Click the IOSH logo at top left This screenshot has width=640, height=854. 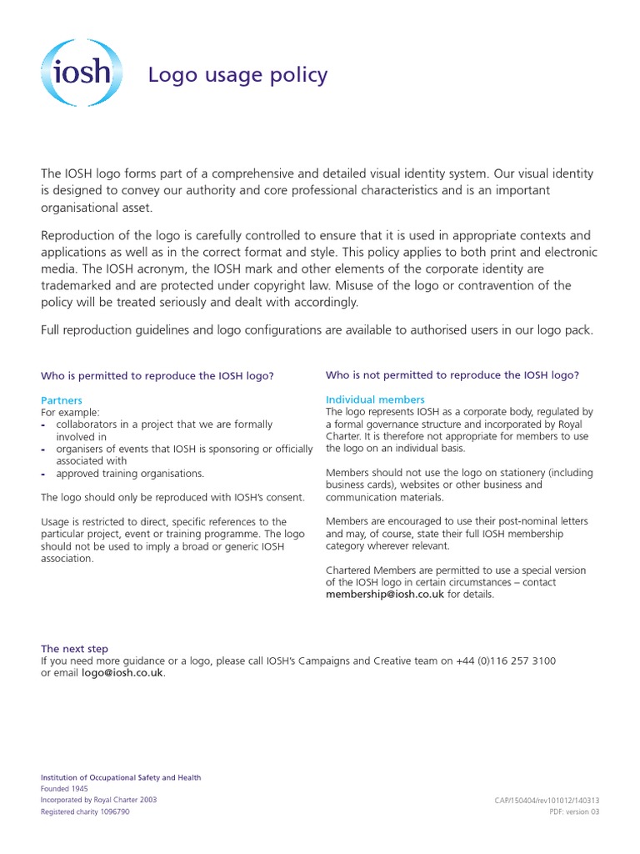click(x=81, y=73)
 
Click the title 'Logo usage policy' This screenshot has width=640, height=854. click(x=237, y=75)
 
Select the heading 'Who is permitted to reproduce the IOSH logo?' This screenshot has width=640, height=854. click(x=157, y=376)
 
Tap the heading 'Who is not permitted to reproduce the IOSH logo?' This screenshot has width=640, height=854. click(x=452, y=375)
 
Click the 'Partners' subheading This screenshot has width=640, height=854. click(x=62, y=400)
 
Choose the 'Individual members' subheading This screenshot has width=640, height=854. click(x=375, y=399)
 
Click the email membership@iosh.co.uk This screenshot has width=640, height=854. click(x=385, y=595)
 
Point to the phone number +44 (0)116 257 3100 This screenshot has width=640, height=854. click(x=506, y=661)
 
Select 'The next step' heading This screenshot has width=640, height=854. click(x=74, y=648)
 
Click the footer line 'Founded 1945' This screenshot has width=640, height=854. click(x=64, y=788)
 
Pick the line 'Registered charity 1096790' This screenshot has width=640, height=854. click(x=85, y=811)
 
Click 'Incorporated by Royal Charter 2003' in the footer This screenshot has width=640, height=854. click(x=98, y=800)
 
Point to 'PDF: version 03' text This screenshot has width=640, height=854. click(x=574, y=811)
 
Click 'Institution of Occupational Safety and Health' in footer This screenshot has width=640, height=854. click(x=121, y=777)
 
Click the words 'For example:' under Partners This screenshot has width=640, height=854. click(x=71, y=412)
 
